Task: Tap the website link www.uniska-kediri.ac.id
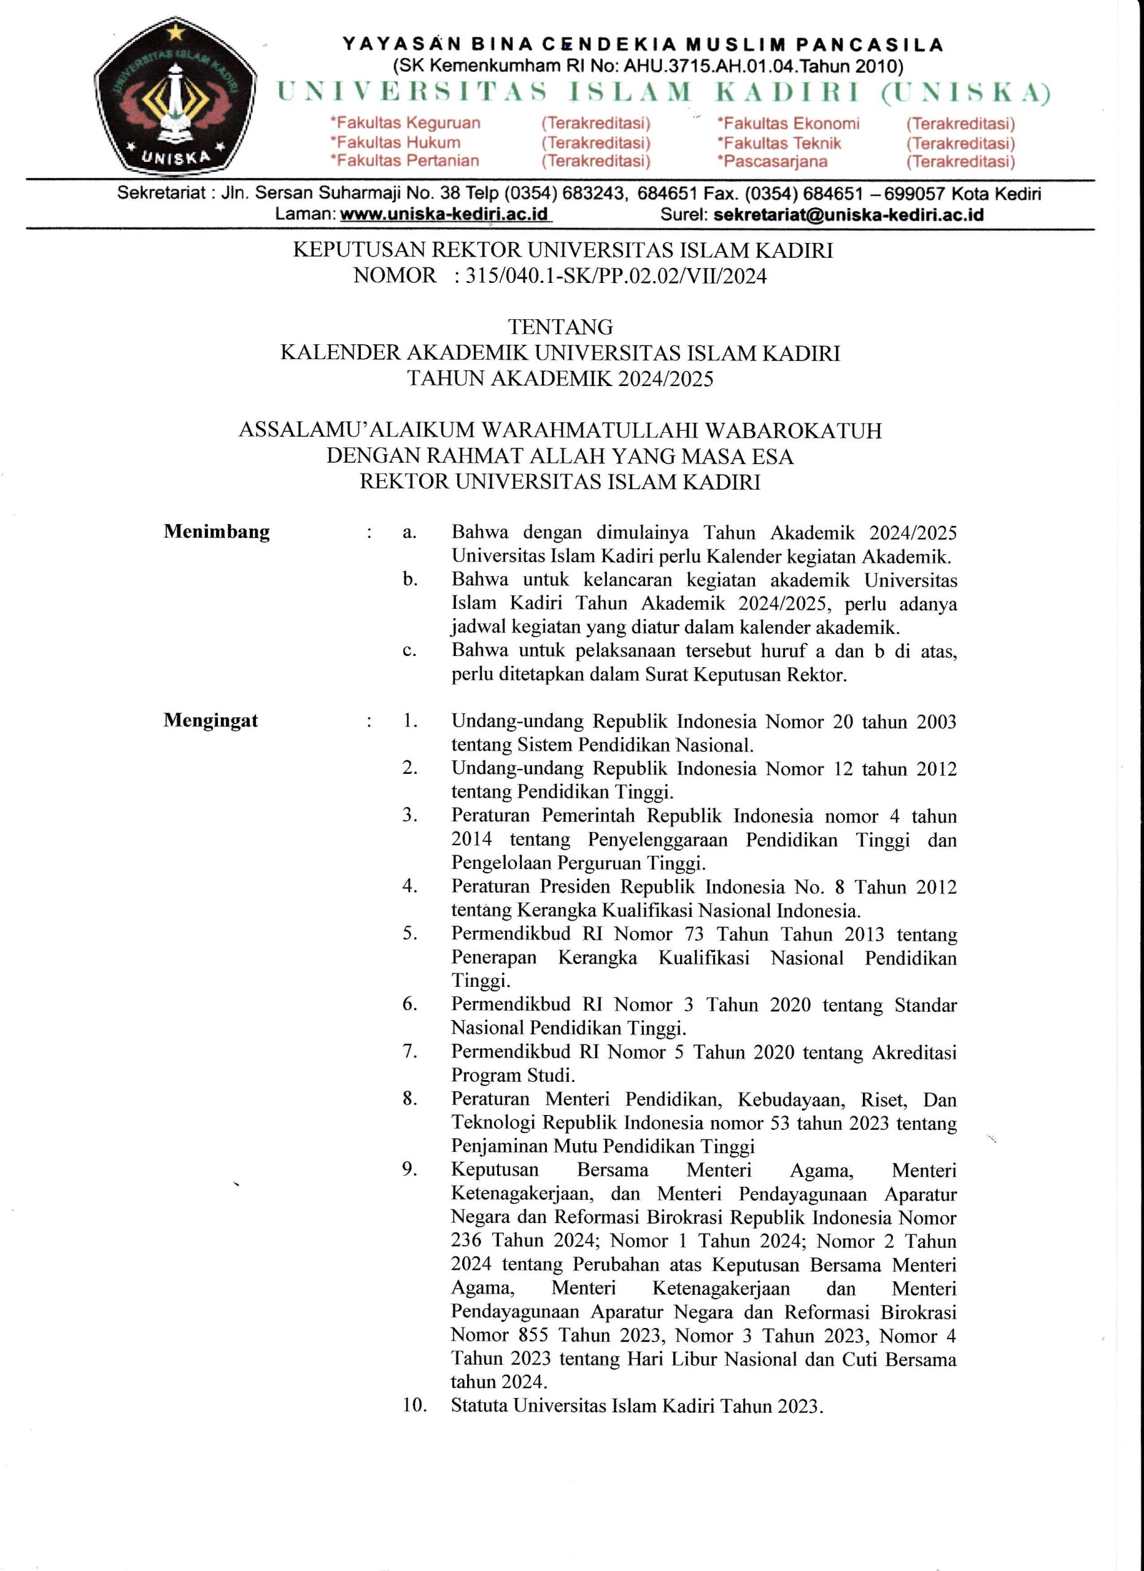click(444, 214)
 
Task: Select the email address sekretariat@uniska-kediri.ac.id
click(848, 214)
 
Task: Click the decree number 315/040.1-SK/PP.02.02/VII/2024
click(616, 276)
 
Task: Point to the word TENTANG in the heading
click(560, 326)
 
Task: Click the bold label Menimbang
click(216, 532)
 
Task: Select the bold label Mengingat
click(211, 720)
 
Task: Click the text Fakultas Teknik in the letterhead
click(779, 144)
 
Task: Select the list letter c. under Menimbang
click(409, 650)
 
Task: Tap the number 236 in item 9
click(466, 1241)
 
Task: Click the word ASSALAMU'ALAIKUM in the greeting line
click(357, 430)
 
